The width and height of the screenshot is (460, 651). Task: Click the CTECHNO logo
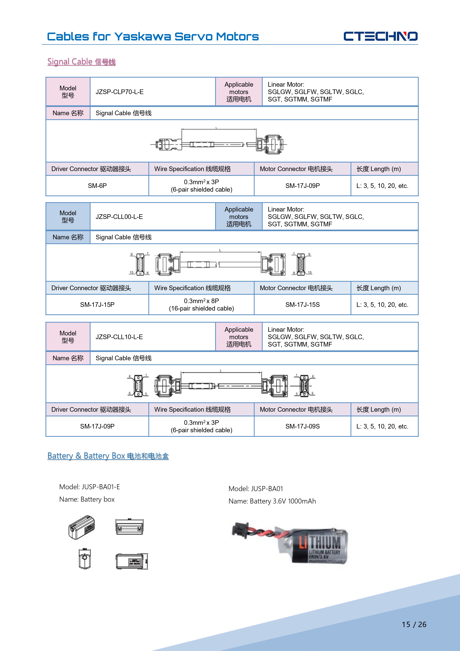tap(380, 36)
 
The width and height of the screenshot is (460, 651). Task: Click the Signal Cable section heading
tap(81, 62)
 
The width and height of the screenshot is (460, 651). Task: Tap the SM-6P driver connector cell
tap(97, 186)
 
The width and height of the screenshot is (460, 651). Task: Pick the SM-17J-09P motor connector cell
tap(302, 186)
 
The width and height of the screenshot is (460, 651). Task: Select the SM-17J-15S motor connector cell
tap(302, 304)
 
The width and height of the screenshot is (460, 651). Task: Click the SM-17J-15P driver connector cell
tap(97, 304)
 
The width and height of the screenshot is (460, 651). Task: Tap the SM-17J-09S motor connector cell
tap(302, 426)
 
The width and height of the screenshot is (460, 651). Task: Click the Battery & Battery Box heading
tap(108, 456)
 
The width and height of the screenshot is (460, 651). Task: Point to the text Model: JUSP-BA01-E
tap(90, 487)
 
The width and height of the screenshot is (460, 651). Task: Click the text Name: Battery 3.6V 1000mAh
tap(272, 501)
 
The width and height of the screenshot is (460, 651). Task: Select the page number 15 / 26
tap(414, 624)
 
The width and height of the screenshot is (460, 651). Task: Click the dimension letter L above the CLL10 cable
tap(221, 371)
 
